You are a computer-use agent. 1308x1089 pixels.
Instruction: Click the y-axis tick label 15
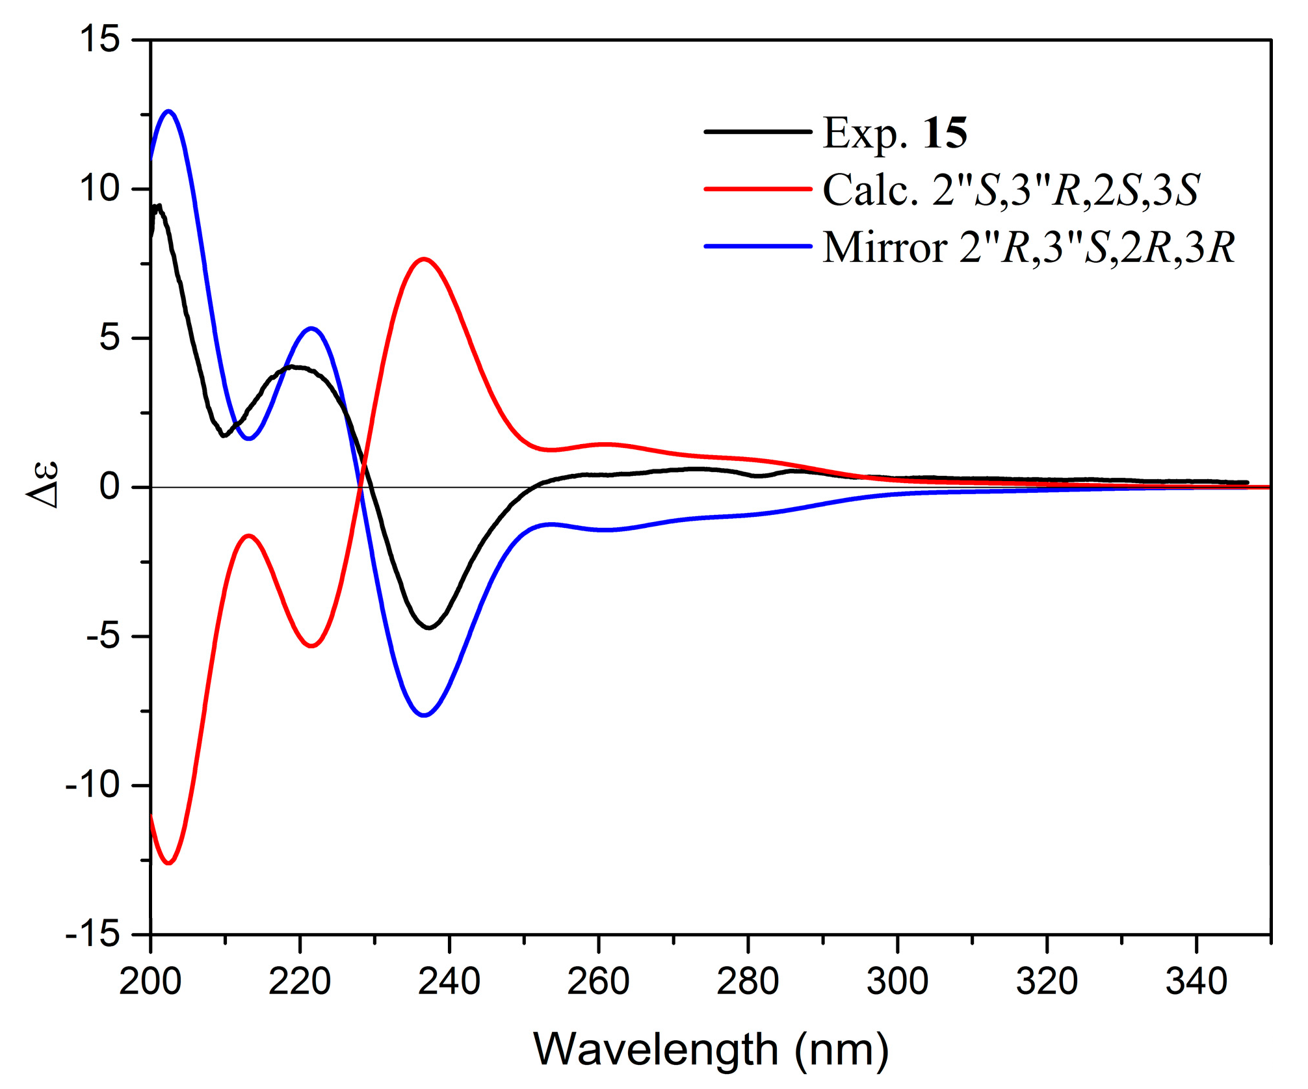coord(99,39)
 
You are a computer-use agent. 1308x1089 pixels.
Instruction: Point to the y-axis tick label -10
coord(93,785)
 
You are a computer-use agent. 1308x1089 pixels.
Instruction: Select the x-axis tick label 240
coord(449,982)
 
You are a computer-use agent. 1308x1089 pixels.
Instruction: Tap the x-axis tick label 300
coord(897,982)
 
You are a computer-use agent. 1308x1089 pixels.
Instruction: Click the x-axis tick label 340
coord(1196,982)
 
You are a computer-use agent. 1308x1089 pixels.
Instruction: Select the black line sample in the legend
coord(758,132)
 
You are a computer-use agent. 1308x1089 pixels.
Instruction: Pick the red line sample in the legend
coord(758,189)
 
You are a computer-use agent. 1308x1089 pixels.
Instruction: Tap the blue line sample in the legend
coord(758,246)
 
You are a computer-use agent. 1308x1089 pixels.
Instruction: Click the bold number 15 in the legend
coord(945,133)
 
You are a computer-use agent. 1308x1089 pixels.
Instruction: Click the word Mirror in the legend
coord(885,248)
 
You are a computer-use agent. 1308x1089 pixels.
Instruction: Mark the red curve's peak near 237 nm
coord(424,259)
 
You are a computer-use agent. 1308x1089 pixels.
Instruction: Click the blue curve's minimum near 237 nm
coord(424,715)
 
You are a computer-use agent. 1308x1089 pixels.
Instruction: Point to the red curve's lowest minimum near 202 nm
coord(169,863)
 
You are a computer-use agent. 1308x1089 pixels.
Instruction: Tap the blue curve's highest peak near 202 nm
coord(169,111)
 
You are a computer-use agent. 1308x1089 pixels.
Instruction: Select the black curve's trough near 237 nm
coord(429,627)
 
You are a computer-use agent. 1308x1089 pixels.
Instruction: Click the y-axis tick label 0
coord(110,487)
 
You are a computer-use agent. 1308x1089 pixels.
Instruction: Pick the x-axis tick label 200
coord(150,982)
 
